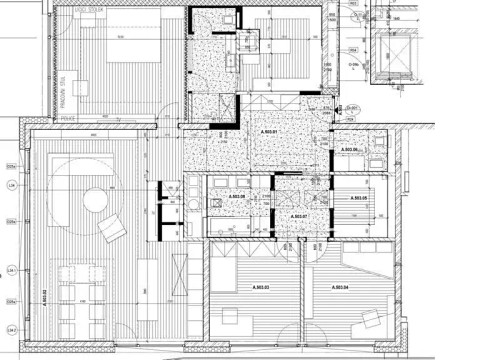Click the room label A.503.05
coord(359,198)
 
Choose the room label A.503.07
coord(298,215)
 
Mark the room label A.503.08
coord(237,196)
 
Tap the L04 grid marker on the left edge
coord(12,187)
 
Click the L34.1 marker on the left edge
coord(12,271)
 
